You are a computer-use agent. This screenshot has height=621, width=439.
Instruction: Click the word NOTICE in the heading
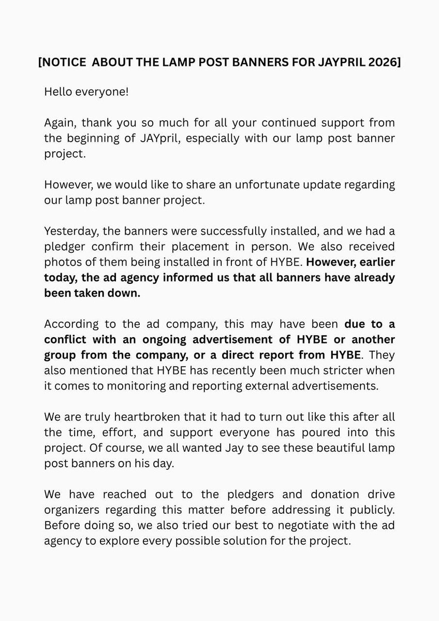click(66, 63)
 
